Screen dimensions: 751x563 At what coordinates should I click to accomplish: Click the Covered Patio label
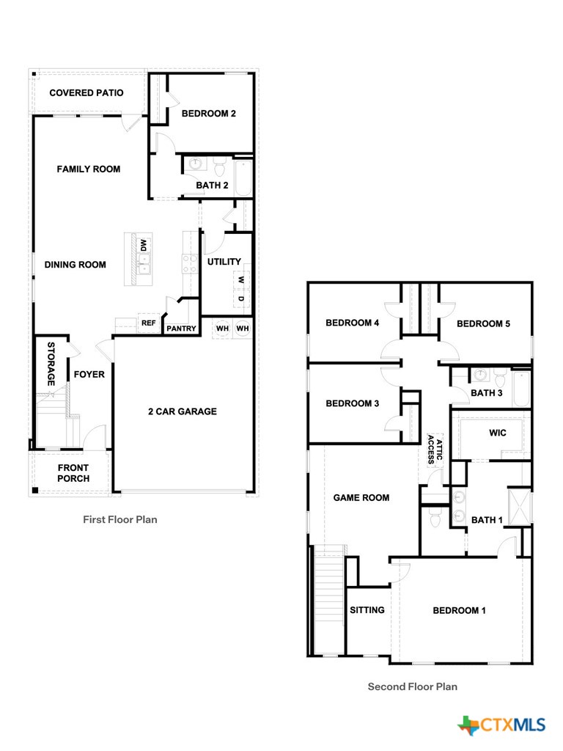87,93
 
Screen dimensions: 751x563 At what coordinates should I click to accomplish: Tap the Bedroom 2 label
208,114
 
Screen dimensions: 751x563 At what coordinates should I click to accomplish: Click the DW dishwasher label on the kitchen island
144,246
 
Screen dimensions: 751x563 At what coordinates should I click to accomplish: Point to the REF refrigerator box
149,323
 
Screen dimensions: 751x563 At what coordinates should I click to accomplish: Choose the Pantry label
181,329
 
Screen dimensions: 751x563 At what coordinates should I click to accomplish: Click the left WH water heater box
222,329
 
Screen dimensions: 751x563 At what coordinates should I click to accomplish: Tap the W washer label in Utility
240,279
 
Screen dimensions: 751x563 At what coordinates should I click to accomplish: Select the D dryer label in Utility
240,298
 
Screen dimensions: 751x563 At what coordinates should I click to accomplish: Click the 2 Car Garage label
183,411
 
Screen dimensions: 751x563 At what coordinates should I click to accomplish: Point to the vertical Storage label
51,364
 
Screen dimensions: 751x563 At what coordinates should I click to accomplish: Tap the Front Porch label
73,473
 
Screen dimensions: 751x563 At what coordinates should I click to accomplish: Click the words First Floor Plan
119,519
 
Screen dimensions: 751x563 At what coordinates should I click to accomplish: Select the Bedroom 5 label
483,323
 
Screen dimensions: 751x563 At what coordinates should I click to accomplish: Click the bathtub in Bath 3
520,389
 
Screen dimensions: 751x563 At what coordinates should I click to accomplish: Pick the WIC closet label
498,433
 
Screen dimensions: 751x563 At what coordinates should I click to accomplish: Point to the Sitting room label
367,609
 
